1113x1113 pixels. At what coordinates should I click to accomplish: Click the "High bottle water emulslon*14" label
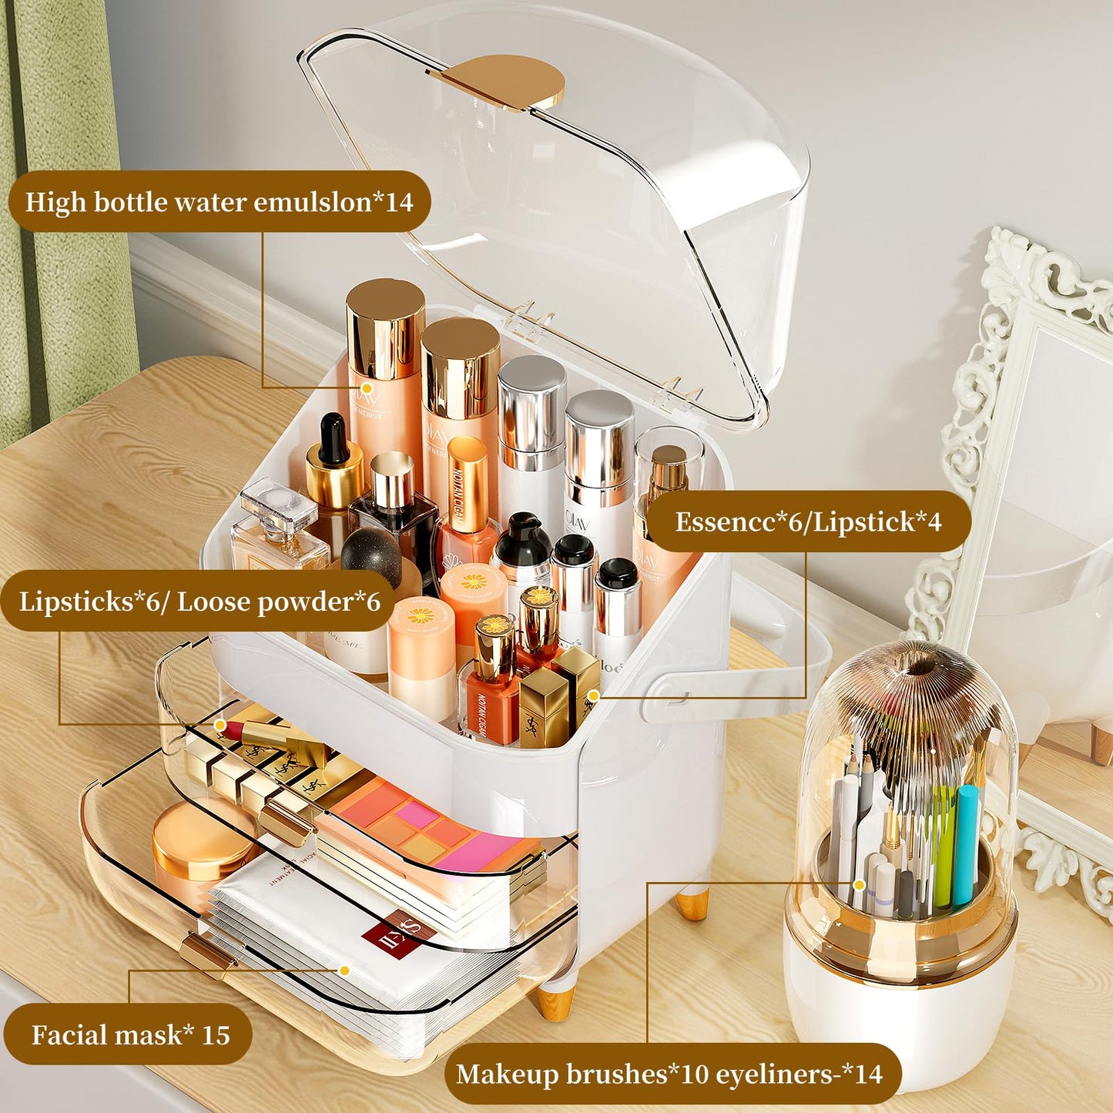click(220, 202)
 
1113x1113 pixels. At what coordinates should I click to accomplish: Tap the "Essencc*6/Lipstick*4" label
click(808, 521)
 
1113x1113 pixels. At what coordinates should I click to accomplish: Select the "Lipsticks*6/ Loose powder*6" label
click(199, 601)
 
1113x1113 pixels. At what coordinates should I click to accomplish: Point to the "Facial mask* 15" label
click(130, 1034)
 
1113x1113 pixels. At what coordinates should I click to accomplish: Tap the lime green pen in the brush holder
click(944, 855)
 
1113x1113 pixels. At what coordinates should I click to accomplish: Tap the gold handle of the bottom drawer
click(206, 954)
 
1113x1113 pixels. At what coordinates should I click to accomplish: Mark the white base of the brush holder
click(901, 1024)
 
